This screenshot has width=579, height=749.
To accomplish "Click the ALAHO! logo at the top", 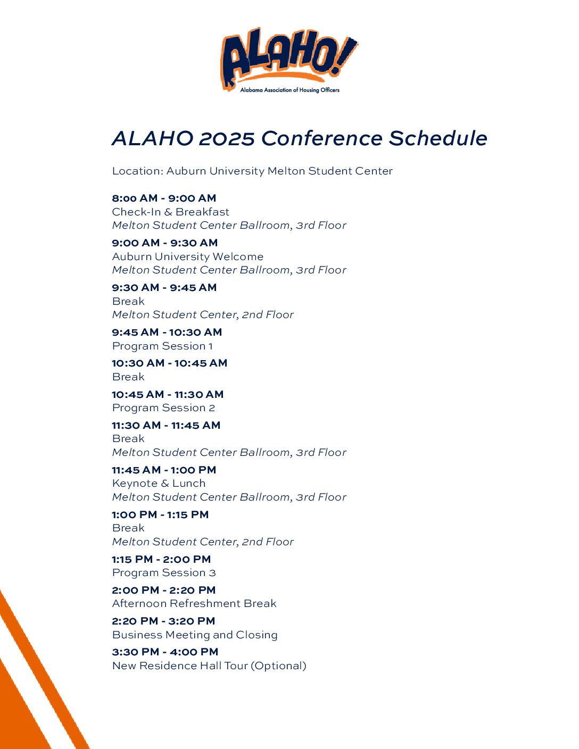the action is tap(289, 60).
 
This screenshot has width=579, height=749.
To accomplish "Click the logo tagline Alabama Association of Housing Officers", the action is tap(289, 90).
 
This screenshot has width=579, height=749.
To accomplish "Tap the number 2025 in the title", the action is tap(227, 138).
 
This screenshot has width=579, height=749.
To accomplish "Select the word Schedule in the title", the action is tap(438, 138).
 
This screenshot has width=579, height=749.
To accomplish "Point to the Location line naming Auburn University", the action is tap(252, 171).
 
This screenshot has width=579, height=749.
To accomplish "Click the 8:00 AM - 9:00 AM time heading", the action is tap(164, 198).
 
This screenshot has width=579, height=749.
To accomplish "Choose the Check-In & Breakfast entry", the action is tap(170, 212).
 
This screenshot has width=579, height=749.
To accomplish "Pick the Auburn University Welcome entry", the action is tap(188, 256).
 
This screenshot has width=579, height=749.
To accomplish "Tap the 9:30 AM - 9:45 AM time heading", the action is tap(164, 287).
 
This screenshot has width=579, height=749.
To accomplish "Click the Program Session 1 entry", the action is tap(162, 346).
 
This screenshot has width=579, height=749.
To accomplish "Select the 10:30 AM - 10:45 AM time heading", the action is tap(170, 363).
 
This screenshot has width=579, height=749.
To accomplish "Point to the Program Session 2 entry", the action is tap(163, 408).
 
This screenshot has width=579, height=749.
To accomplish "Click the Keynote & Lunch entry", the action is tap(159, 483).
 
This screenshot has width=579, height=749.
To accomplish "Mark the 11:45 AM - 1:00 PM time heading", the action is tap(164, 470).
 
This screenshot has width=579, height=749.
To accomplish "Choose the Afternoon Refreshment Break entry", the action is tap(194, 603).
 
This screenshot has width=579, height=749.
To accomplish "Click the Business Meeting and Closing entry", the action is tap(195, 635).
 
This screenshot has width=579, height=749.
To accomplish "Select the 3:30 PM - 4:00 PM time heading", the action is tap(165, 652).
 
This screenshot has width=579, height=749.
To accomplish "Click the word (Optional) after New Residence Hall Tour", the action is tap(278, 665).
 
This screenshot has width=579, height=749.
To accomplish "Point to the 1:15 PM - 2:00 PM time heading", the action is tap(161, 559).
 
